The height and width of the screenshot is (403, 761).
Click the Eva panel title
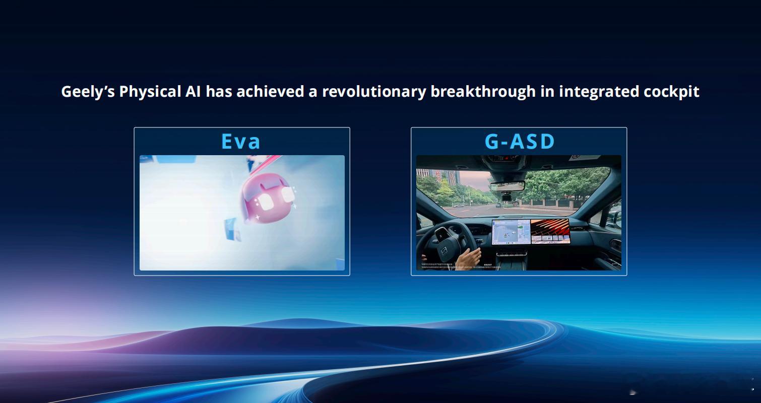coord(241,142)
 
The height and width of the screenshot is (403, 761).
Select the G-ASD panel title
coord(519,142)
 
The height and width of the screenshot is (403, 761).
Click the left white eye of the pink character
coord(265,202)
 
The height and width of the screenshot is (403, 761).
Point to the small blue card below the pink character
coord(233,229)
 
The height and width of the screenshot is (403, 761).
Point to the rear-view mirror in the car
coord(508,185)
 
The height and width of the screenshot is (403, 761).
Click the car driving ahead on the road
coord(497,205)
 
